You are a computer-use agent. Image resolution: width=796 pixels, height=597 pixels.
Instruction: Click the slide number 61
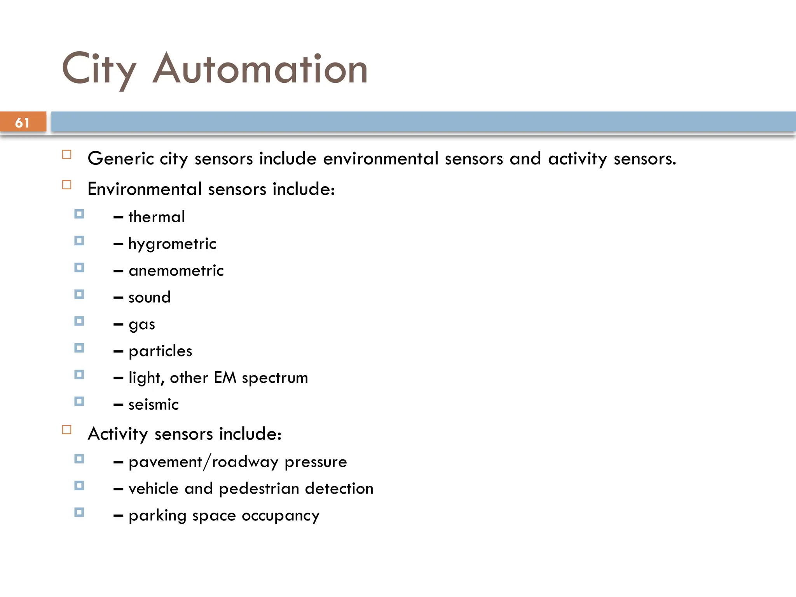[22, 123]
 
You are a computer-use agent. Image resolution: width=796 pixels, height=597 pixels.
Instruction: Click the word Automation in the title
[260, 70]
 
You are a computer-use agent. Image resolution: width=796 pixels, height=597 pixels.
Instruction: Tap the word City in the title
[99, 70]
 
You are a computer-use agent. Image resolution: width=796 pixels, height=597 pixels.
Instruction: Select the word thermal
[157, 217]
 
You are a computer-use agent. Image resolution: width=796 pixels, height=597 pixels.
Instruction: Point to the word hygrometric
[172, 244]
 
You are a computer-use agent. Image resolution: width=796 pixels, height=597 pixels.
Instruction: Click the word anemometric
[176, 271]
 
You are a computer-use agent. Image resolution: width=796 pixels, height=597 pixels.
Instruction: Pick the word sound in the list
[150, 297]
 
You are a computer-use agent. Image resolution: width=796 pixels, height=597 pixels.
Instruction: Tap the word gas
[142, 325]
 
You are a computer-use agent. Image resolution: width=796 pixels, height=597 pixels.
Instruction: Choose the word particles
[161, 351]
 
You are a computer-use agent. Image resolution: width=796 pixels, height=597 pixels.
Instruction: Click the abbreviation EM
[225, 377]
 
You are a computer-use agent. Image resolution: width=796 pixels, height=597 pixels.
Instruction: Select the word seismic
[154, 405]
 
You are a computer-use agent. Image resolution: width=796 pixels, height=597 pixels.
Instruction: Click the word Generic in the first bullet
[121, 159]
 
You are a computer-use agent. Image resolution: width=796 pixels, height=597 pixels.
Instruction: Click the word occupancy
[280, 516]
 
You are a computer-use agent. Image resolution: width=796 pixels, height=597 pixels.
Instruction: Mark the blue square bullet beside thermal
[79, 214]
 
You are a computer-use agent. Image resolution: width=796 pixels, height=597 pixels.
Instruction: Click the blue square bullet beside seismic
[79, 401]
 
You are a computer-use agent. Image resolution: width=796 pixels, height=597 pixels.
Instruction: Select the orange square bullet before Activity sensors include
[67, 430]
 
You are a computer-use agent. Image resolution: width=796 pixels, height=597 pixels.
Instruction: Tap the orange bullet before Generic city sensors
[67, 155]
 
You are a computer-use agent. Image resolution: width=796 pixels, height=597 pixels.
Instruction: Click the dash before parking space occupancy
[119, 516]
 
